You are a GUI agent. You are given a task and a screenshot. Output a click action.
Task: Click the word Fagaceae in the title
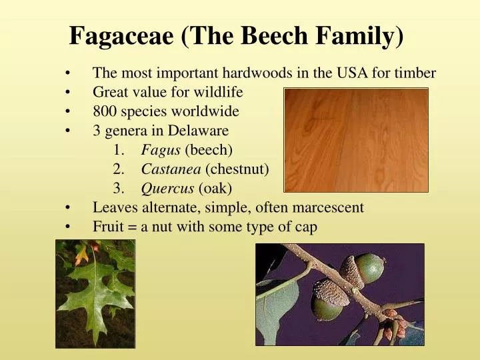click(x=121, y=35)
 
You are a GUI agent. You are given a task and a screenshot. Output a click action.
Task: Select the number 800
click(x=105, y=111)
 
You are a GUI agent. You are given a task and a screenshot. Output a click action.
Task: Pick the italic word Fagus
click(x=161, y=150)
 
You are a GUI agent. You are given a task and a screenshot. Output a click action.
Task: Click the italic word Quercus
click(x=167, y=189)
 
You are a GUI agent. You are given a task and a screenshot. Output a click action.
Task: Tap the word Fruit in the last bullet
click(x=108, y=227)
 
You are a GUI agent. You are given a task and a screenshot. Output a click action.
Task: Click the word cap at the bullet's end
click(x=307, y=227)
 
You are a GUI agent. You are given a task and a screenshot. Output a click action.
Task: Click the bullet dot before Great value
click(x=69, y=92)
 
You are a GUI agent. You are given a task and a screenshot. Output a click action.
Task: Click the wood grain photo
click(x=356, y=140)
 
